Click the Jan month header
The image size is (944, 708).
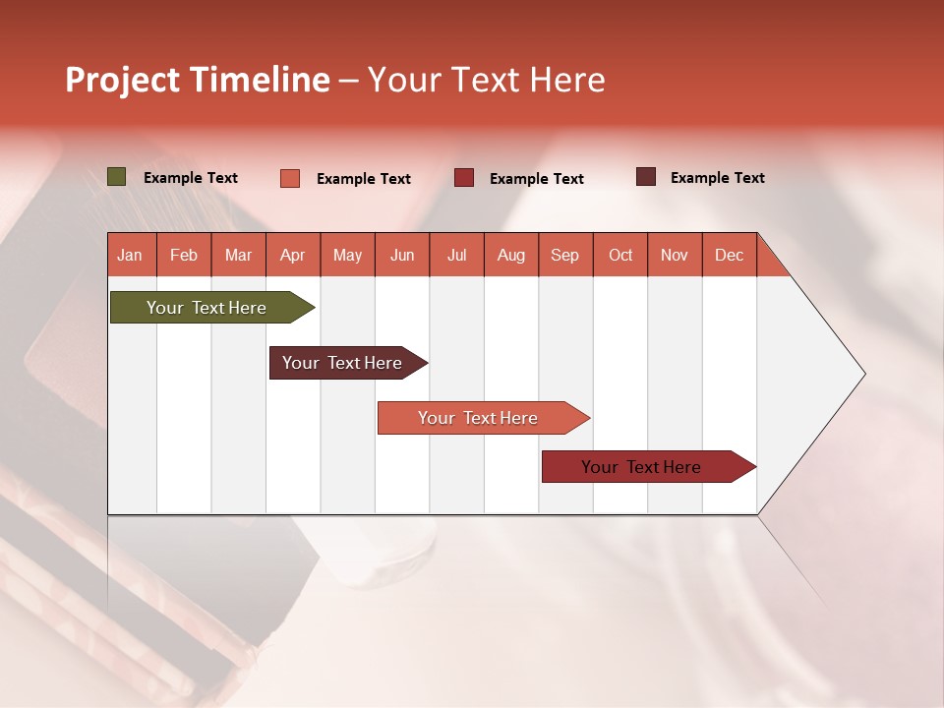tap(130, 255)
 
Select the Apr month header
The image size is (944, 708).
tap(292, 255)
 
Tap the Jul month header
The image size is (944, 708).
tap(456, 255)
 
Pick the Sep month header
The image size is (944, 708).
tap(564, 255)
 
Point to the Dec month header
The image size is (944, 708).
tap(729, 255)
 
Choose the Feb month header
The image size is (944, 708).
tap(184, 255)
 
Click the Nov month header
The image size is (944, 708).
tap(674, 255)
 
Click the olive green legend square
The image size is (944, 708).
tap(117, 177)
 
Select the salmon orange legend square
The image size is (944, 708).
tap(290, 178)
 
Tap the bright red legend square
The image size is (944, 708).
tap(464, 178)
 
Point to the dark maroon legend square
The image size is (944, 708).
tap(646, 177)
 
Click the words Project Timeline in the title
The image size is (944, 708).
tap(197, 80)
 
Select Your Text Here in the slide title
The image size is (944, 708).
tap(486, 80)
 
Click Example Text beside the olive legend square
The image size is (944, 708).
tap(191, 178)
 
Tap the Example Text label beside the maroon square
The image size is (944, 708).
tap(718, 178)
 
